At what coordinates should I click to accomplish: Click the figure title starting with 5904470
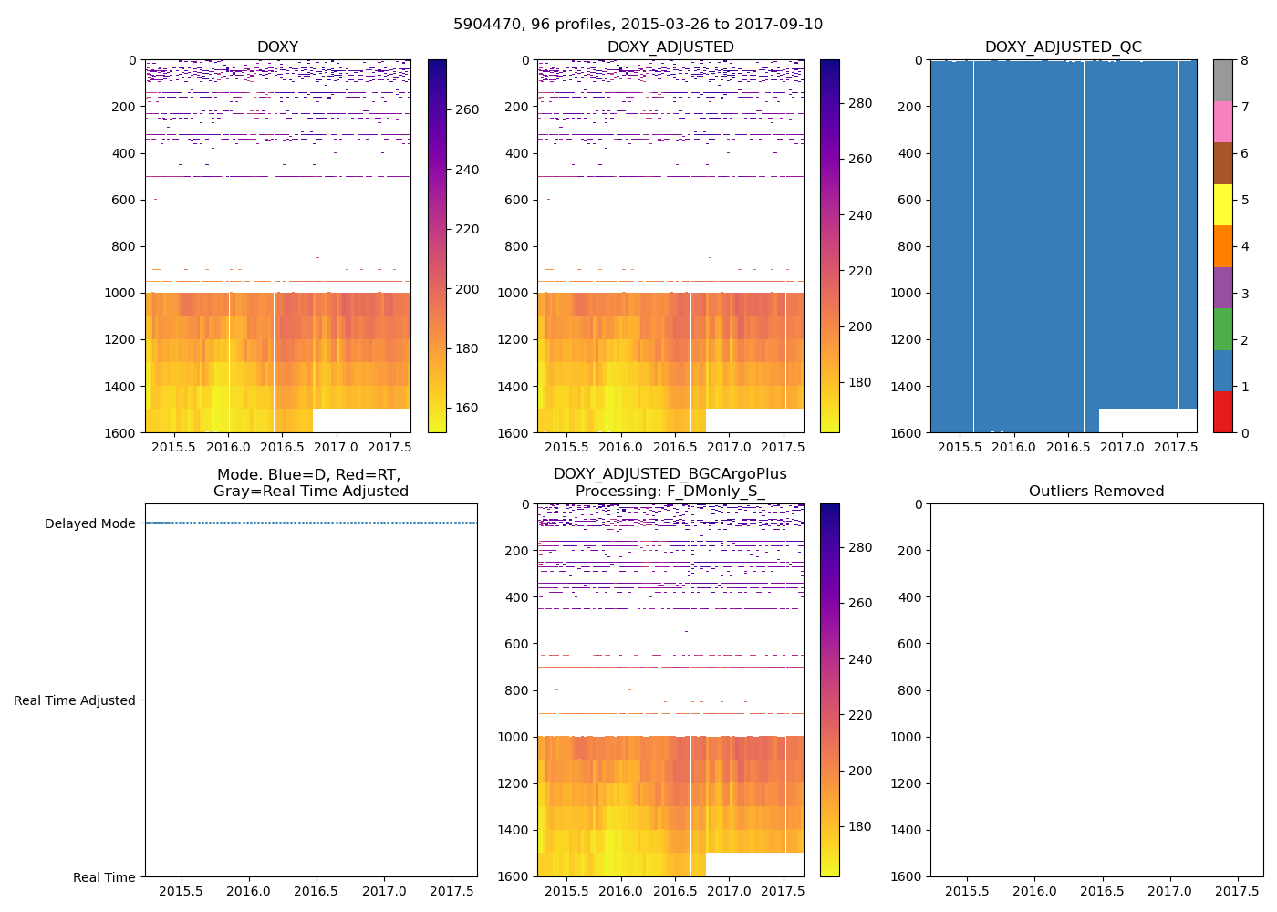[638, 25]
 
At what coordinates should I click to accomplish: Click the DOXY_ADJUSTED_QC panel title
[1063, 47]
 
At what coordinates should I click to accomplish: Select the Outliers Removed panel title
[1096, 492]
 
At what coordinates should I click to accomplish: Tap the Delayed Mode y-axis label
[89, 523]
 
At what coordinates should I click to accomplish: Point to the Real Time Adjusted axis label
[75, 700]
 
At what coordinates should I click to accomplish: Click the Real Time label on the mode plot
[104, 877]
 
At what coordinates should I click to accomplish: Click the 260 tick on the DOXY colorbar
[467, 110]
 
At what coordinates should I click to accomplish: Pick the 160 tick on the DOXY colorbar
[467, 408]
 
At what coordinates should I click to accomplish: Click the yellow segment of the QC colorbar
[1222, 204]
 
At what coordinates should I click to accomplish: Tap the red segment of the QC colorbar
[1222, 411]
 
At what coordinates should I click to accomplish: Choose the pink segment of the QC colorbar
[1222, 121]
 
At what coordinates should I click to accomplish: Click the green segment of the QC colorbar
[1222, 328]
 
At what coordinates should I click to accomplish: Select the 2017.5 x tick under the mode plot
[449, 891]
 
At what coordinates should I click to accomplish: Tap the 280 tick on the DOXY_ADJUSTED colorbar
[859, 104]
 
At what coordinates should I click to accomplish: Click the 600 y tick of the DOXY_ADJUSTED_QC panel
[908, 200]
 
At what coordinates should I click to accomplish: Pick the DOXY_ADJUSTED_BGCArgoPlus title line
[670, 474]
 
